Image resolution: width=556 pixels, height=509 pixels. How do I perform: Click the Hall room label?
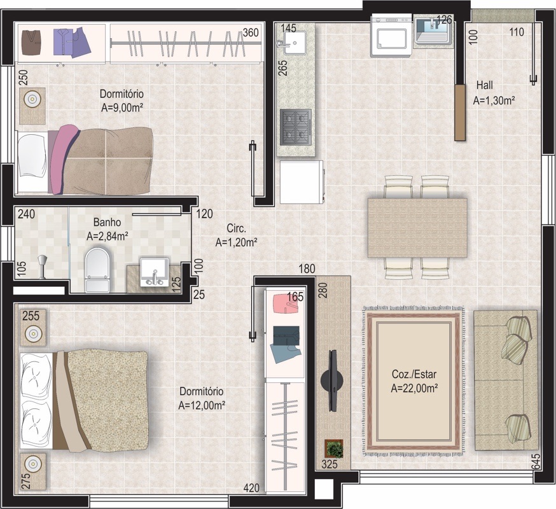pyautogui.click(x=484, y=85)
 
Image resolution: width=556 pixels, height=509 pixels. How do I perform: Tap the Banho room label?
pyautogui.click(x=107, y=223)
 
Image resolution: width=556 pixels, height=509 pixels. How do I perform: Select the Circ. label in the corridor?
pyautogui.click(x=236, y=228)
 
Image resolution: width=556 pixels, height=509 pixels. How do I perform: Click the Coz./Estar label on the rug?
pyautogui.click(x=414, y=374)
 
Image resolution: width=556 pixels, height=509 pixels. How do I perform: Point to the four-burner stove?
pyautogui.click(x=296, y=127)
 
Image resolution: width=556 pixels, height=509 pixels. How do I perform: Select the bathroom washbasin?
pyautogui.click(x=154, y=272)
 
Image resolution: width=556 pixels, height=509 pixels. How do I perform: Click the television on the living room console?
pyautogui.click(x=332, y=380)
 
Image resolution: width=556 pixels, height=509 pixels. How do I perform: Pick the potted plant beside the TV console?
pyautogui.click(x=334, y=449)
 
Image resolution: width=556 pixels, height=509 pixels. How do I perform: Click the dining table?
pyautogui.click(x=417, y=228)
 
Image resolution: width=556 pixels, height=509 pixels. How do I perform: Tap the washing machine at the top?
pyautogui.click(x=391, y=35)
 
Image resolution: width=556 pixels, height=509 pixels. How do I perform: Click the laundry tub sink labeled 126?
pyautogui.click(x=433, y=31)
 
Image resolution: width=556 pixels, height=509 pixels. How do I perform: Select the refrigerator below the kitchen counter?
pyautogui.click(x=302, y=182)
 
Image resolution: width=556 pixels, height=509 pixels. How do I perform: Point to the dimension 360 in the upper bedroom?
pyautogui.click(x=251, y=32)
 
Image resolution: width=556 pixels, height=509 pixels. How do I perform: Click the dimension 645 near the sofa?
pyautogui.click(x=536, y=461)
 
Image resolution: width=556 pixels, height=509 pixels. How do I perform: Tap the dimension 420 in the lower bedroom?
pyautogui.click(x=251, y=488)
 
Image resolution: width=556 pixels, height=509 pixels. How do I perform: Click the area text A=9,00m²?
pyautogui.click(x=122, y=108)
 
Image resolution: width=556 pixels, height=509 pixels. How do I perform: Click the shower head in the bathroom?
pyautogui.click(x=43, y=266)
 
